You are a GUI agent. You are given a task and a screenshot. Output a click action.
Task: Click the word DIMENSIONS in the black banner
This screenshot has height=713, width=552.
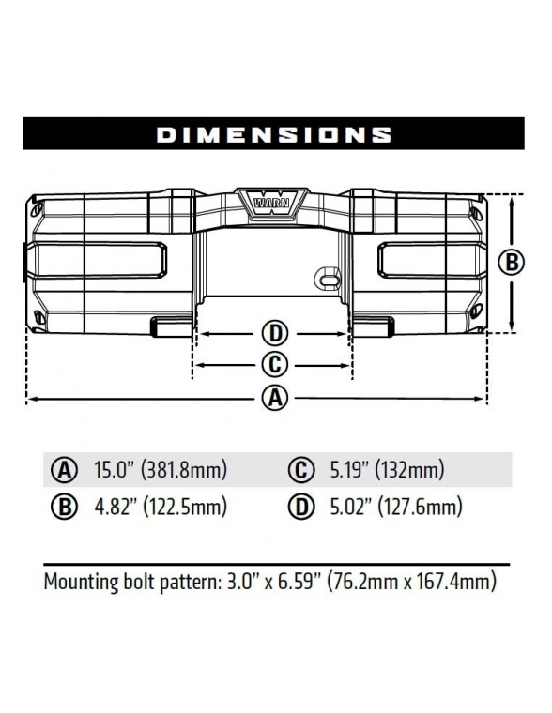[x=274, y=134]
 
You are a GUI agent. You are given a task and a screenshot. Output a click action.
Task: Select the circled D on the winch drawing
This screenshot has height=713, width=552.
[x=273, y=333]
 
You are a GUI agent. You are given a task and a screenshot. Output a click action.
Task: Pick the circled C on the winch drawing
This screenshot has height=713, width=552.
[x=273, y=365]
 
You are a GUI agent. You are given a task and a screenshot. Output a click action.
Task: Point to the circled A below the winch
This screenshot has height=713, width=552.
[x=273, y=399]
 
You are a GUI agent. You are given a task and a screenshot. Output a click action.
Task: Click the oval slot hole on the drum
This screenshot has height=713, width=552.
[x=327, y=280]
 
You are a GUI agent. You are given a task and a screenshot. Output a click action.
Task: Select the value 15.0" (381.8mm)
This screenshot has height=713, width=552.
[x=161, y=470]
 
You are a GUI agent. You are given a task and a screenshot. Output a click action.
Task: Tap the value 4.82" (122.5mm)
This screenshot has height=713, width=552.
[x=161, y=508]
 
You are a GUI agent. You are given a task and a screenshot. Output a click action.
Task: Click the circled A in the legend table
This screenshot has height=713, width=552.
[x=66, y=470]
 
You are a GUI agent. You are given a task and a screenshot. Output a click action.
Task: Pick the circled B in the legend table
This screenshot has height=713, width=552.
[x=66, y=508]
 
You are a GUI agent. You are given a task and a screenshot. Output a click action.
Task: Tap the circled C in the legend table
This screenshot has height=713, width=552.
[x=300, y=470]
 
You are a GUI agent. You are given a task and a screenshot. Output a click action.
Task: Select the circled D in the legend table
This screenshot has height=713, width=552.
[x=300, y=508]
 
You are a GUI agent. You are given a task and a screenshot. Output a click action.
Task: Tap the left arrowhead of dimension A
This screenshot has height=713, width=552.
[x=31, y=400]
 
